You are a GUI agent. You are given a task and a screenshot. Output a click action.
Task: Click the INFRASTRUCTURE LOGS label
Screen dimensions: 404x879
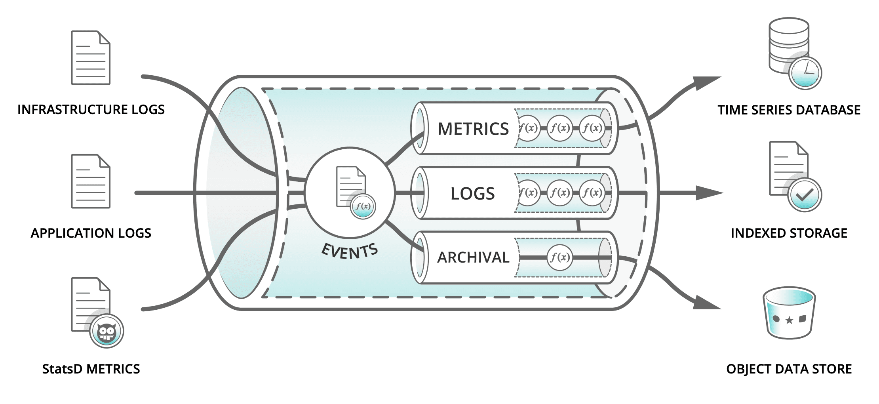pyautogui.click(x=91, y=110)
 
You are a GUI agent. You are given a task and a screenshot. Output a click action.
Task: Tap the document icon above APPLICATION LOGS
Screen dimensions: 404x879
pyautogui.click(x=90, y=181)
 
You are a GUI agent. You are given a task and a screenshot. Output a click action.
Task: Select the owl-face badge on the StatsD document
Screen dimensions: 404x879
pyautogui.click(x=107, y=331)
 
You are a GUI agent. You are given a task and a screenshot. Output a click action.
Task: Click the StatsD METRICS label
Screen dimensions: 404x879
pyautogui.click(x=91, y=369)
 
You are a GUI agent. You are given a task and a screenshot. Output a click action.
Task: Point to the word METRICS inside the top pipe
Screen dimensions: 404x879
pyautogui.click(x=473, y=129)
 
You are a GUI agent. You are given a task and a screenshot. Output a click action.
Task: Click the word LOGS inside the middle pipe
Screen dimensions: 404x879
pyautogui.click(x=472, y=194)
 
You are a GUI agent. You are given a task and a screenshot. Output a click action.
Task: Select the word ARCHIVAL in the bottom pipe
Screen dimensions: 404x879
pyautogui.click(x=473, y=258)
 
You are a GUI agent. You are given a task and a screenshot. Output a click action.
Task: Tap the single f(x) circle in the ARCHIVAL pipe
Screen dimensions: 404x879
pyautogui.click(x=559, y=258)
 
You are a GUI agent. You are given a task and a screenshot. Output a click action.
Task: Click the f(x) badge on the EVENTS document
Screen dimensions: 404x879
pyautogui.click(x=363, y=206)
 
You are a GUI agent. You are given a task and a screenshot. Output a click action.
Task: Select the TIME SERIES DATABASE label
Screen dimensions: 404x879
pyautogui.click(x=789, y=110)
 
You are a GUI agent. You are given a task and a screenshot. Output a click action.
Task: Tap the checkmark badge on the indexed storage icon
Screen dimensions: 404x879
pyautogui.click(x=805, y=195)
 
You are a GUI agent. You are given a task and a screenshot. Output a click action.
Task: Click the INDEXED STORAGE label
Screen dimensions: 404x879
pyautogui.click(x=789, y=233)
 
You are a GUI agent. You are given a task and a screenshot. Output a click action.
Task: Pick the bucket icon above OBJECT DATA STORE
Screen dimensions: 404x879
pyautogui.click(x=789, y=313)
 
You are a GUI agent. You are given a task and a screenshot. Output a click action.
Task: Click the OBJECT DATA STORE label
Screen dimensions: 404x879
pyautogui.click(x=789, y=369)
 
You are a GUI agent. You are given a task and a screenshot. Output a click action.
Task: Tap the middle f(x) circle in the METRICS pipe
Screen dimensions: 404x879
pyautogui.click(x=559, y=128)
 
